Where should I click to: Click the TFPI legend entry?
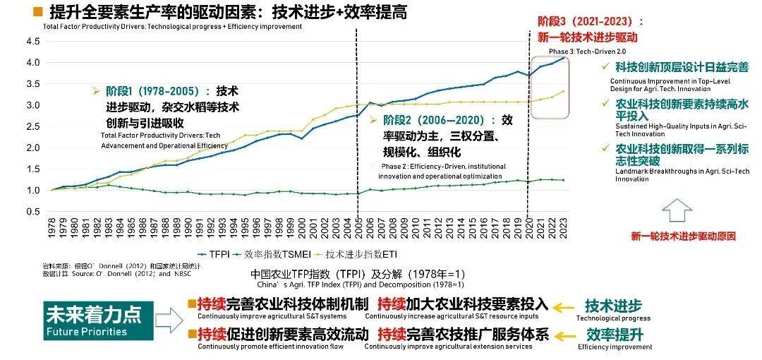(x=214, y=252)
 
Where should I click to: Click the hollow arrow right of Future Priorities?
(x=168, y=321)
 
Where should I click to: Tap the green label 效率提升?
(x=614, y=335)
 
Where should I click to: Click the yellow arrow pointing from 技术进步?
(x=564, y=307)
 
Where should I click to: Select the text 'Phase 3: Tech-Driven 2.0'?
(x=587, y=52)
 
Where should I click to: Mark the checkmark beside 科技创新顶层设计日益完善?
(x=604, y=67)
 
